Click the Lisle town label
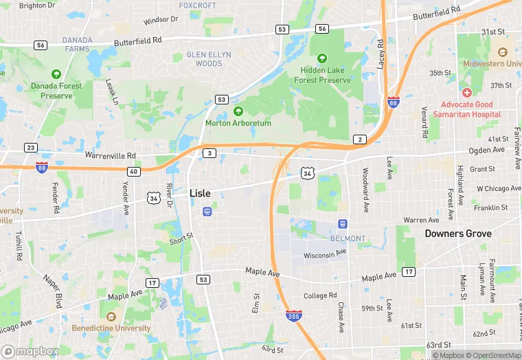point(200,194)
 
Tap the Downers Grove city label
point(457,234)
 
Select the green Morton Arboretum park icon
point(238,111)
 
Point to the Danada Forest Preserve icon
point(56,74)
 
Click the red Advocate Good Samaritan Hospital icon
point(467,92)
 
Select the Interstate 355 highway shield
point(293,315)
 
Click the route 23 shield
point(30,148)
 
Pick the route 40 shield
point(134,171)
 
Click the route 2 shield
point(360,139)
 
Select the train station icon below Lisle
point(207,212)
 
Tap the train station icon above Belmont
point(342,224)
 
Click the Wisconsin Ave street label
point(326,254)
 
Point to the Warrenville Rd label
point(110,156)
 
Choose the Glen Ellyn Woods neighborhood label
point(209,59)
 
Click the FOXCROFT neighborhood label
point(197,5)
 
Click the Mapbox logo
point(30,351)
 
